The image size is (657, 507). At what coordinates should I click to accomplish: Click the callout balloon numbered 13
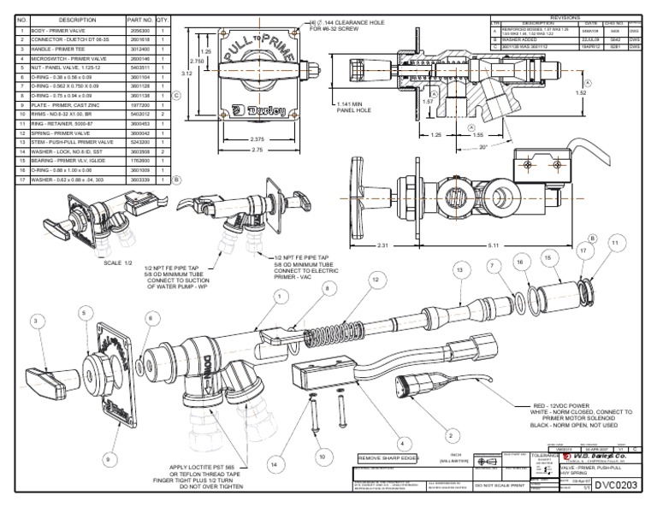point(459,269)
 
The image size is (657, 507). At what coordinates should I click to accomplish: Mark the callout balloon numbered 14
point(274,464)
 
